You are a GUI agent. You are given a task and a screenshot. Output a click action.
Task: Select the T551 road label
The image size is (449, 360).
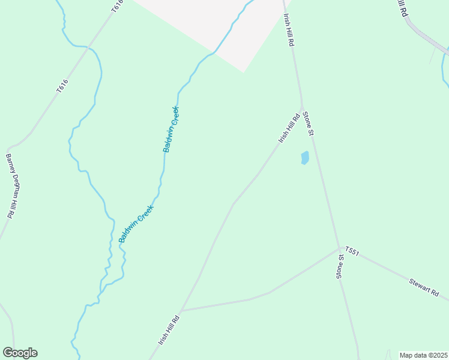tap(352, 251)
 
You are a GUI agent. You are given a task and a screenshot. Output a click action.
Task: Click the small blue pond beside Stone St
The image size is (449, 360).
tap(304, 158)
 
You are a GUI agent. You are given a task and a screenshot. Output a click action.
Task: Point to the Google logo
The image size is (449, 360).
tap(20, 353)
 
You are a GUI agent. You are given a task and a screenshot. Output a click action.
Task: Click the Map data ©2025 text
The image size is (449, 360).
tap(423, 355)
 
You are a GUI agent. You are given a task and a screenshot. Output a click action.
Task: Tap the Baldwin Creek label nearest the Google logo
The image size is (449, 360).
tap(137, 223)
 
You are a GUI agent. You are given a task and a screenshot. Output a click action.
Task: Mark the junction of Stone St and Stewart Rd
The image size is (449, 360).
tap(340, 248)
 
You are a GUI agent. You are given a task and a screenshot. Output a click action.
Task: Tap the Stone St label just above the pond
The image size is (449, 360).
tap(309, 123)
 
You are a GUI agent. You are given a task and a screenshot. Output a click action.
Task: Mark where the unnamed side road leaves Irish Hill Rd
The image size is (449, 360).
tap(181, 310)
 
